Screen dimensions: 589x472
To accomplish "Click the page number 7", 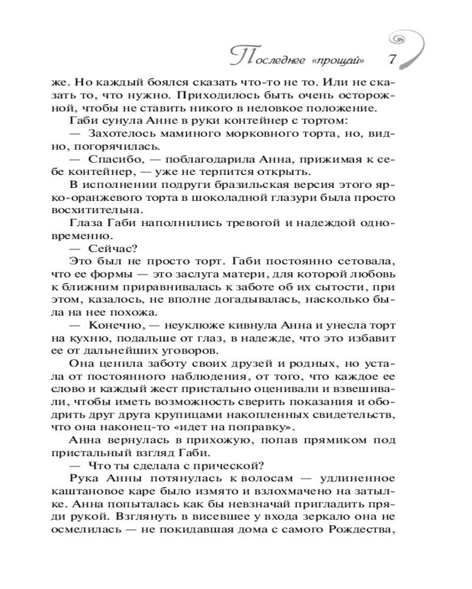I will click(392, 59).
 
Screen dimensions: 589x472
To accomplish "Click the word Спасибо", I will click(112, 159).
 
